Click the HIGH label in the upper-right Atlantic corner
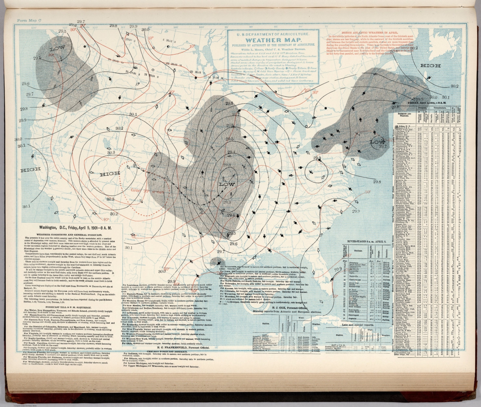430,66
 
